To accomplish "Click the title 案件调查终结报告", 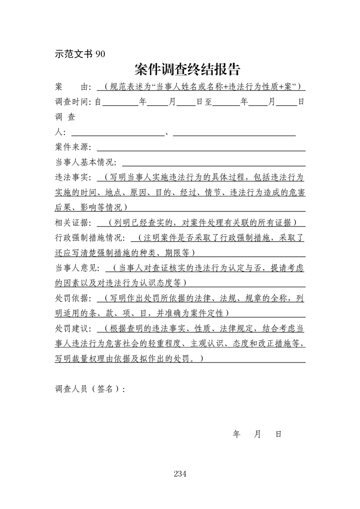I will [x=187, y=69].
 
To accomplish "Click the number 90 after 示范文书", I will [x=100, y=54].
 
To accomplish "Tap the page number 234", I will [x=180, y=474].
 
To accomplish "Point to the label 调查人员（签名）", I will [x=89, y=389].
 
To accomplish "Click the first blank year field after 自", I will [x=120, y=103].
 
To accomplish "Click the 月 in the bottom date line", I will [x=257, y=434].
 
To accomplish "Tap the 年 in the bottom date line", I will [x=237, y=434].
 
